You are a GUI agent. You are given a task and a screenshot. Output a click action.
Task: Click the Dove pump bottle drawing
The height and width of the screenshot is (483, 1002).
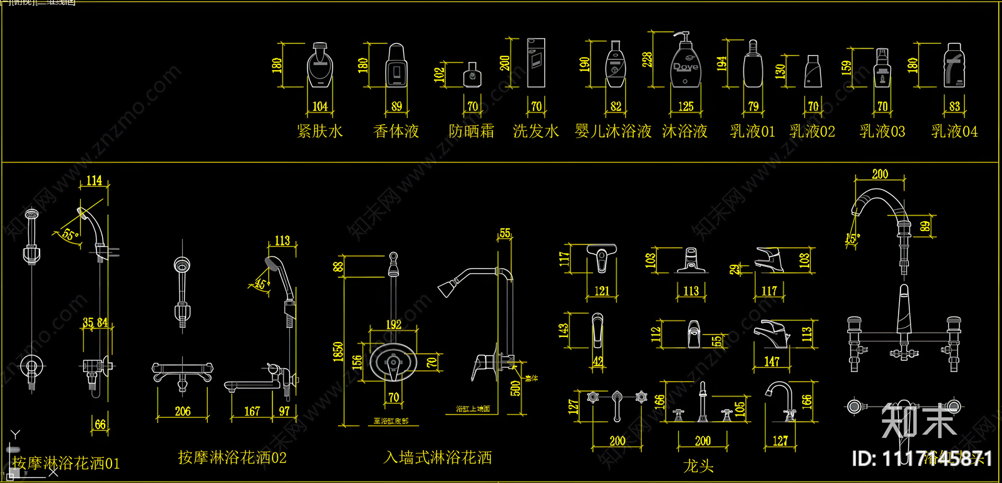tap(684, 63)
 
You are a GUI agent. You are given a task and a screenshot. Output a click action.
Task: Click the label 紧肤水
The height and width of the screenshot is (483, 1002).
tap(320, 132)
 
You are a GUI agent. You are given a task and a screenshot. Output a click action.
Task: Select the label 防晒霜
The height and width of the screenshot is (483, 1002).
tap(471, 132)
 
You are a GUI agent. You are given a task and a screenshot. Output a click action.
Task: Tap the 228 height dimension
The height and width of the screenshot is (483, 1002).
tap(647, 60)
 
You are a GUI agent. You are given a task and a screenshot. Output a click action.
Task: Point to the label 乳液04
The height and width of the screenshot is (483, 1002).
tap(954, 132)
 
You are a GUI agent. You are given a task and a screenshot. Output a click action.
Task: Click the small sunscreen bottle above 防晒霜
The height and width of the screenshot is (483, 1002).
tap(472, 76)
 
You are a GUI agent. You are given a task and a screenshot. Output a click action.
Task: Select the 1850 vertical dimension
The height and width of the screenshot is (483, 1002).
tap(338, 351)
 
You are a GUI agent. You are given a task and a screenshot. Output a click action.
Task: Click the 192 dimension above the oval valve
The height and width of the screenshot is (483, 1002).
tap(393, 325)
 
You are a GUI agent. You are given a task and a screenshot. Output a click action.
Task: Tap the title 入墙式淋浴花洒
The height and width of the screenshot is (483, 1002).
tap(438, 458)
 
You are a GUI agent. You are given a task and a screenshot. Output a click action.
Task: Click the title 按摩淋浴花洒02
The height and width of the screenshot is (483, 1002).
tap(232, 458)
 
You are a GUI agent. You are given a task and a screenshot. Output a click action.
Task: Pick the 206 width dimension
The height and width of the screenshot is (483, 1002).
tap(182, 412)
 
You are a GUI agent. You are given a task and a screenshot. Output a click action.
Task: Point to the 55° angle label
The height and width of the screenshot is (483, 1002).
tap(69, 235)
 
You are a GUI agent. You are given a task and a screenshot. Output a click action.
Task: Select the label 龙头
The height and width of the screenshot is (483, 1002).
tap(698, 466)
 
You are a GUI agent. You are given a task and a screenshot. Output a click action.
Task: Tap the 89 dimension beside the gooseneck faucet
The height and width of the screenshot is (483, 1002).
tap(926, 226)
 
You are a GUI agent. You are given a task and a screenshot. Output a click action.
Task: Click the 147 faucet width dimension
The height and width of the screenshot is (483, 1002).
tap(772, 361)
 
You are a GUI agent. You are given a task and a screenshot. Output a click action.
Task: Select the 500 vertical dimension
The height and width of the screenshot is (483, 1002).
tap(515, 388)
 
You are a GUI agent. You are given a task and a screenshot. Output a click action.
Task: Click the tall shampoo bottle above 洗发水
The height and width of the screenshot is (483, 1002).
tap(536, 63)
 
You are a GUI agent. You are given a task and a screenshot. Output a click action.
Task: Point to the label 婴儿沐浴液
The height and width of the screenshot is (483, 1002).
tap(613, 132)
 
